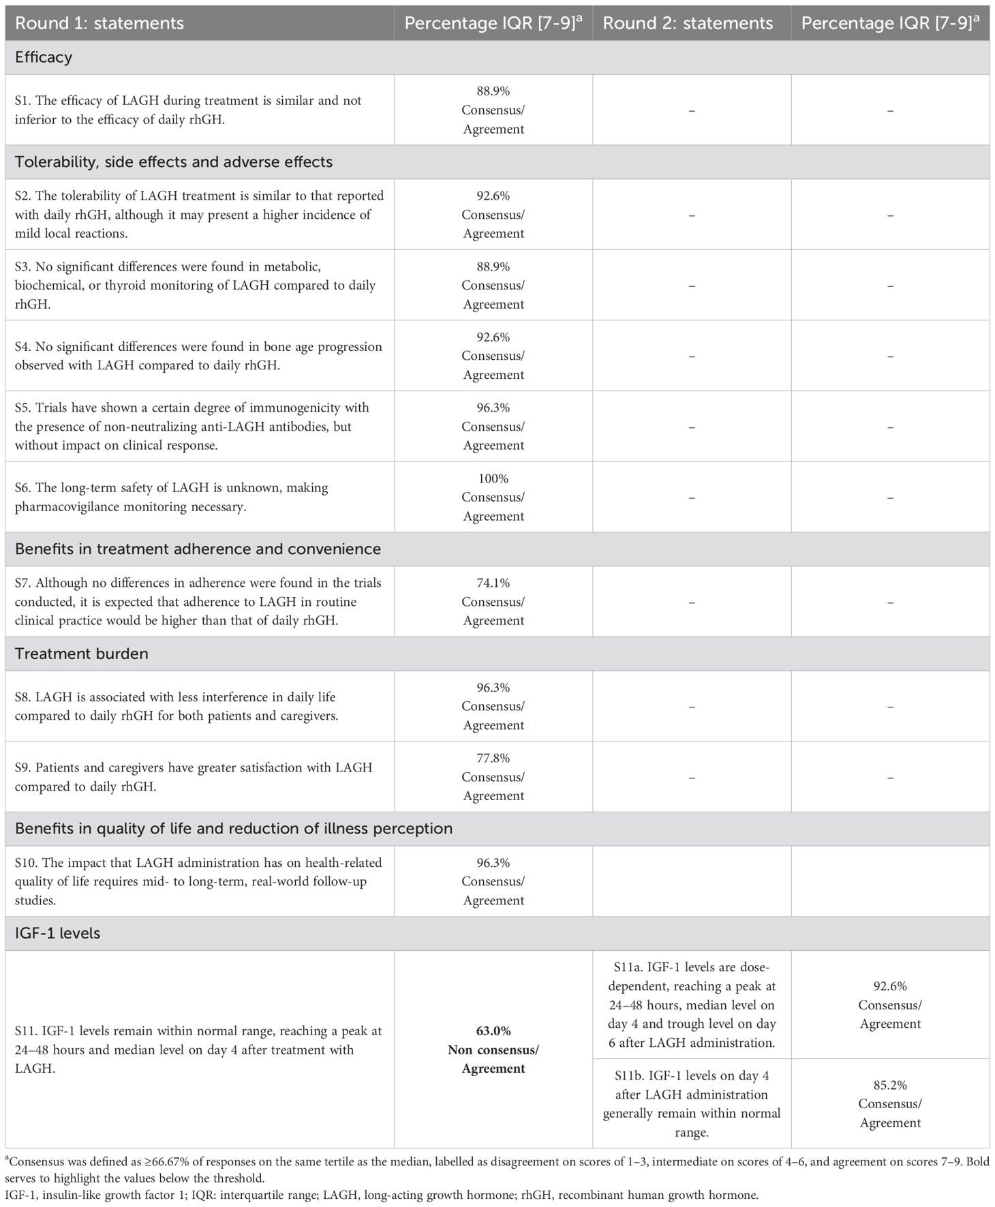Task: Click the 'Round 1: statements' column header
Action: coord(99,23)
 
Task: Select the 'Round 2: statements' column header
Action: coord(688,23)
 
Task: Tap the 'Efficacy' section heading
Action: coord(44,57)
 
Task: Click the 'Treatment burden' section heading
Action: coord(81,654)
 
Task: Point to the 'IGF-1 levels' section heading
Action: coord(57,933)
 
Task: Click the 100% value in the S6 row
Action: coord(493,478)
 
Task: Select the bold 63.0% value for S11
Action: coord(493,1030)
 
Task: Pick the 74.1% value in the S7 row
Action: coord(493,583)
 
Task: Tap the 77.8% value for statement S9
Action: coord(493,758)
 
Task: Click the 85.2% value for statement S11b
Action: coord(890,1085)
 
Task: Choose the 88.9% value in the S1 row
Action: coord(493,91)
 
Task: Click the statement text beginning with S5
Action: coord(192,427)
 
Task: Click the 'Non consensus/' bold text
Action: coord(493,1050)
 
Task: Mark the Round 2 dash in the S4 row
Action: coord(691,356)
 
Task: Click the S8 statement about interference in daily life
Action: coord(177,707)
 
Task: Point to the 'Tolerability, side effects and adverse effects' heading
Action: coord(174,162)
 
